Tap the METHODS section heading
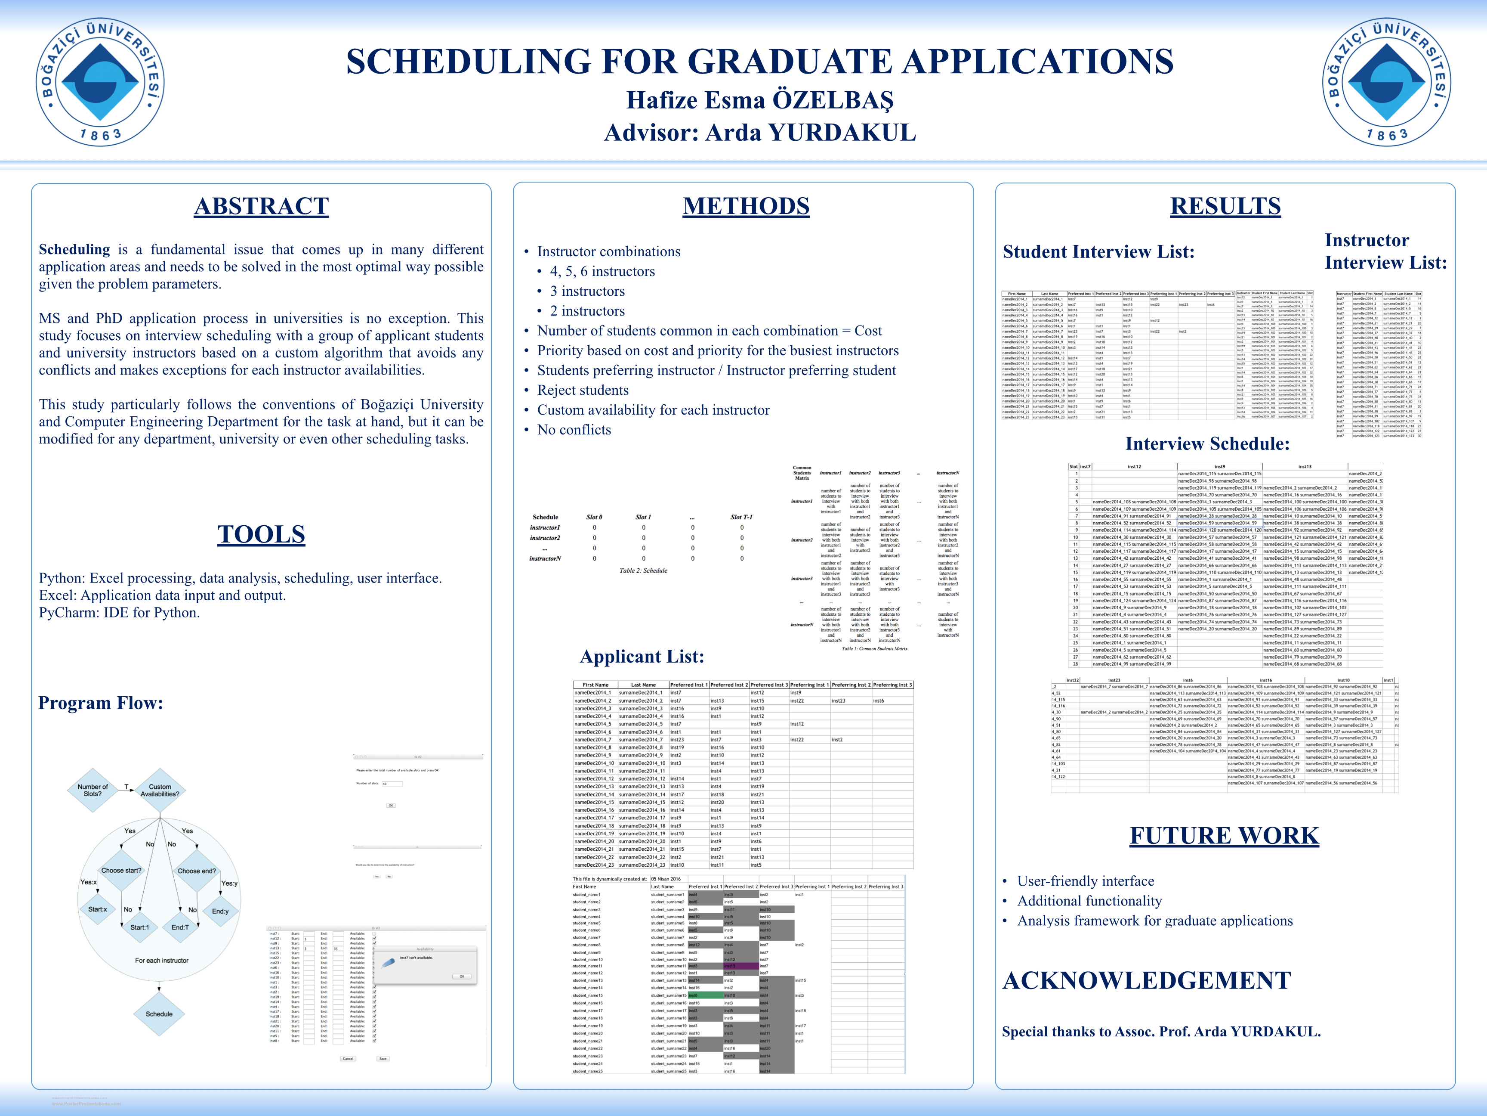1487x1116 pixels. (746, 206)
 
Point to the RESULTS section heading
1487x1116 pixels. (1225, 206)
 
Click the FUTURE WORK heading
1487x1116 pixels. (1224, 835)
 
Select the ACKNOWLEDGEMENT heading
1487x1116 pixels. (1146, 981)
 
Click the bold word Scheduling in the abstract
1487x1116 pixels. (74, 250)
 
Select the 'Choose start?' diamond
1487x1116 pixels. (122, 871)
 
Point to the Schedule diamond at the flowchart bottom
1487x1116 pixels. (159, 1014)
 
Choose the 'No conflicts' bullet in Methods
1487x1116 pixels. (574, 430)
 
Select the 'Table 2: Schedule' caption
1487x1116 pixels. (643, 570)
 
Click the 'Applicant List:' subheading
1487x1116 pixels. (642, 657)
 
